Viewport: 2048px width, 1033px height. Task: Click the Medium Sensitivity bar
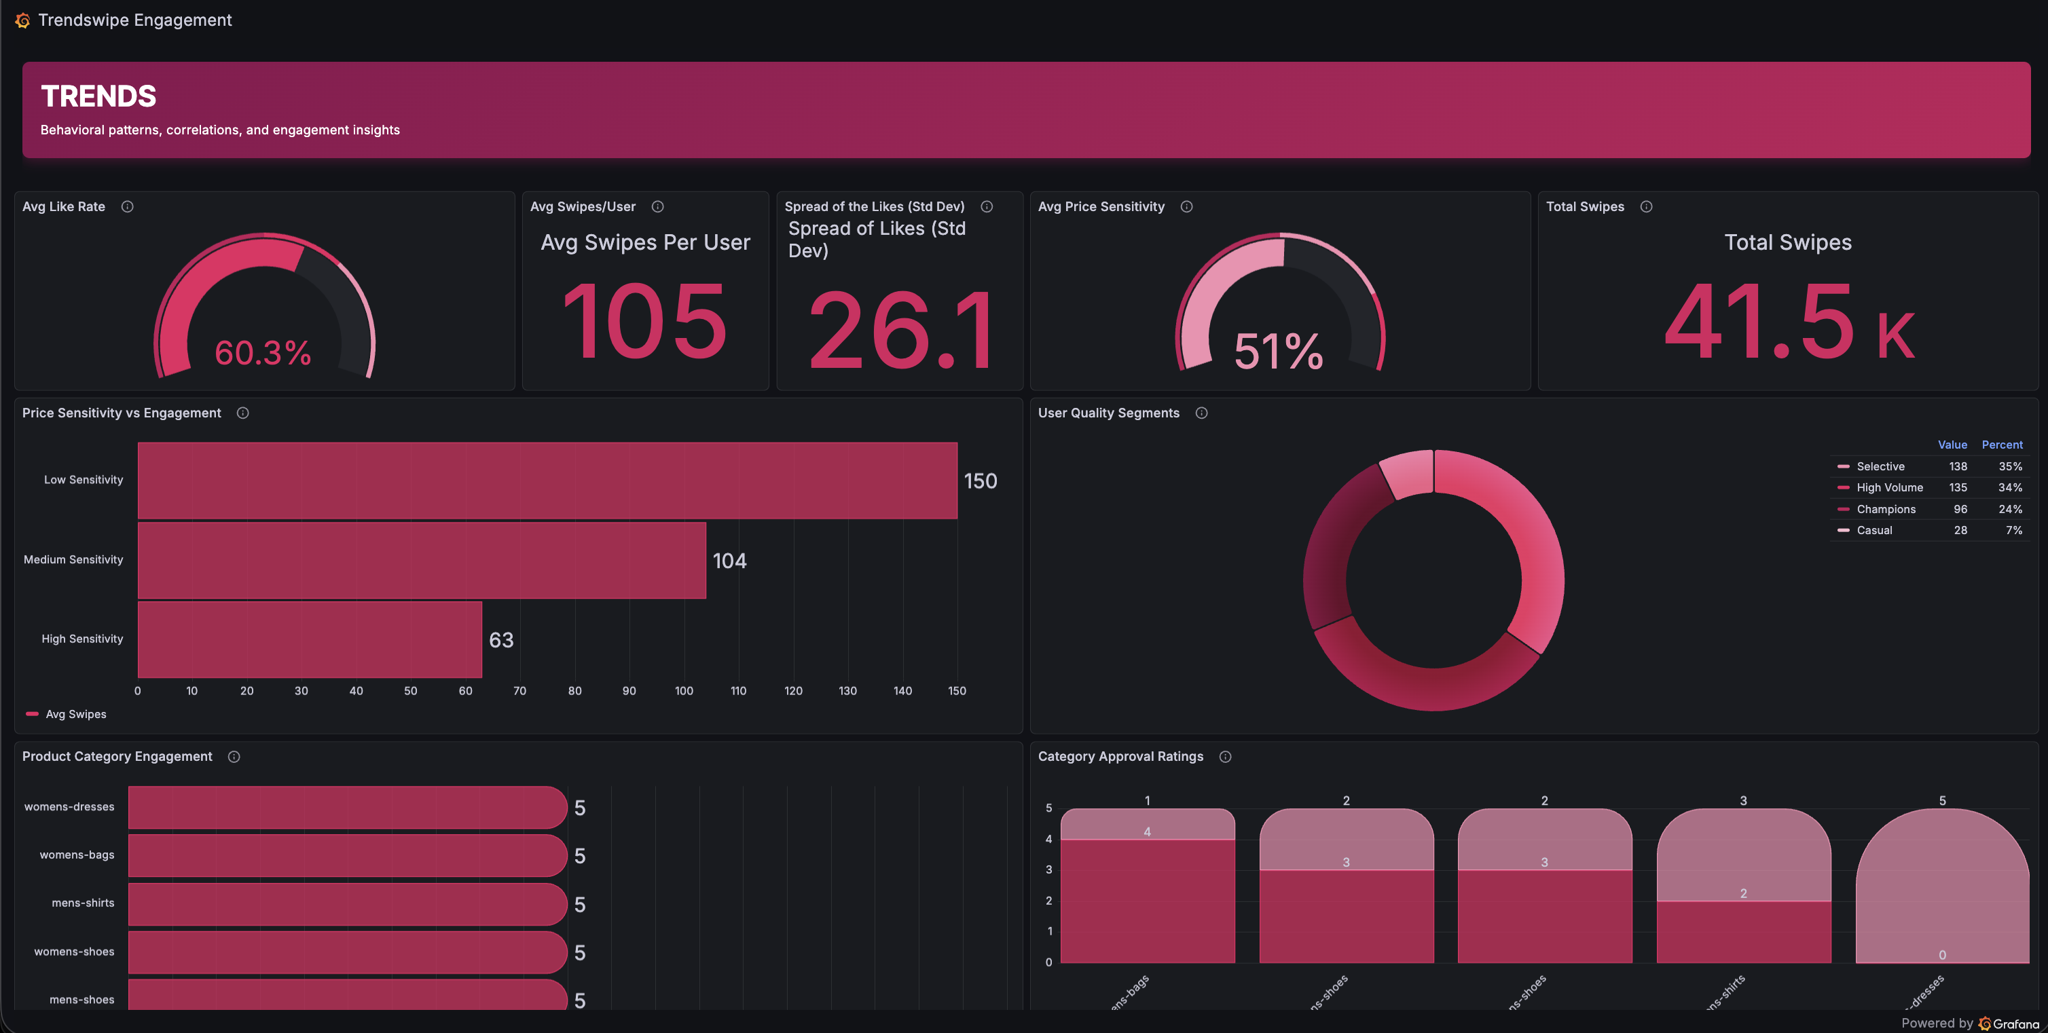(x=422, y=560)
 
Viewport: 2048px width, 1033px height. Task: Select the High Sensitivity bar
(x=310, y=639)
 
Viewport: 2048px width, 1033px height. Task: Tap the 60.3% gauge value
(x=263, y=353)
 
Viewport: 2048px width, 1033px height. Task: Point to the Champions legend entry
(x=1885, y=509)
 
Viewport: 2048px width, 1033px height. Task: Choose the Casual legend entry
(x=1874, y=530)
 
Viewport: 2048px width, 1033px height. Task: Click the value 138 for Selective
(x=1958, y=466)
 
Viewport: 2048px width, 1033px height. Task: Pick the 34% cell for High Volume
(x=2010, y=488)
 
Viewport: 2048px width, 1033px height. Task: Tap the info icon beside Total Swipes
(x=1647, y=206)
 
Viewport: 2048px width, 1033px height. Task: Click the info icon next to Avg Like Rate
(x=127, y=206)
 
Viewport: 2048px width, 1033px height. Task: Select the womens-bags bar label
(x=77, y=855)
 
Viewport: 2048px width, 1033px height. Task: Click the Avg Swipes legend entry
(x=75, y=715)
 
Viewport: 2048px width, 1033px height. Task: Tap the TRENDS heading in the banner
(x=98, y=96)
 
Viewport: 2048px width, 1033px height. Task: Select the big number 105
(x=645, y=322)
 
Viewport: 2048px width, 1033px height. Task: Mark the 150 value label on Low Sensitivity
(x=981, y=481)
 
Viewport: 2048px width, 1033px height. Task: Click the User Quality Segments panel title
(x=1108, y=413)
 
